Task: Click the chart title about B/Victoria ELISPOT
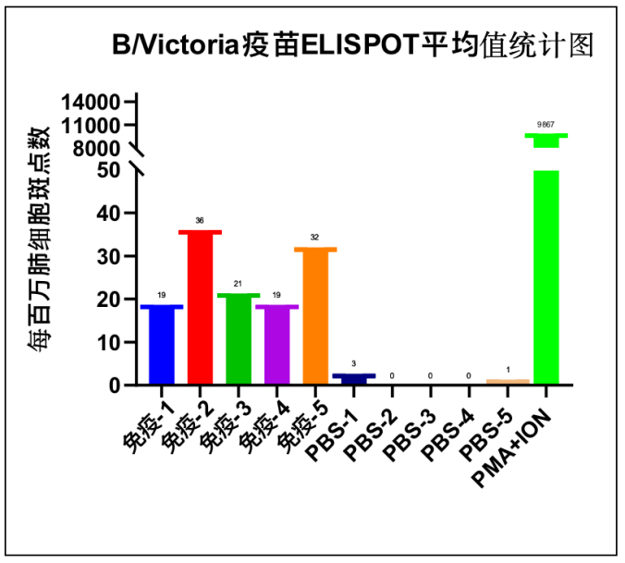[352, 44]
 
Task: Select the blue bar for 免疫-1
[162, 344]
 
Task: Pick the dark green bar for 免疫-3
[239, 338]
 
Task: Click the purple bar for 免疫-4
[277, 344]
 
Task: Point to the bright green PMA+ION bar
[545, 277]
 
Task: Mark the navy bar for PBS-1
[354, 379]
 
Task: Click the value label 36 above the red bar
[200, 221]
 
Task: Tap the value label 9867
[545, 124]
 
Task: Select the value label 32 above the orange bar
[315, 238]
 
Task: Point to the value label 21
[239, 284]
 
